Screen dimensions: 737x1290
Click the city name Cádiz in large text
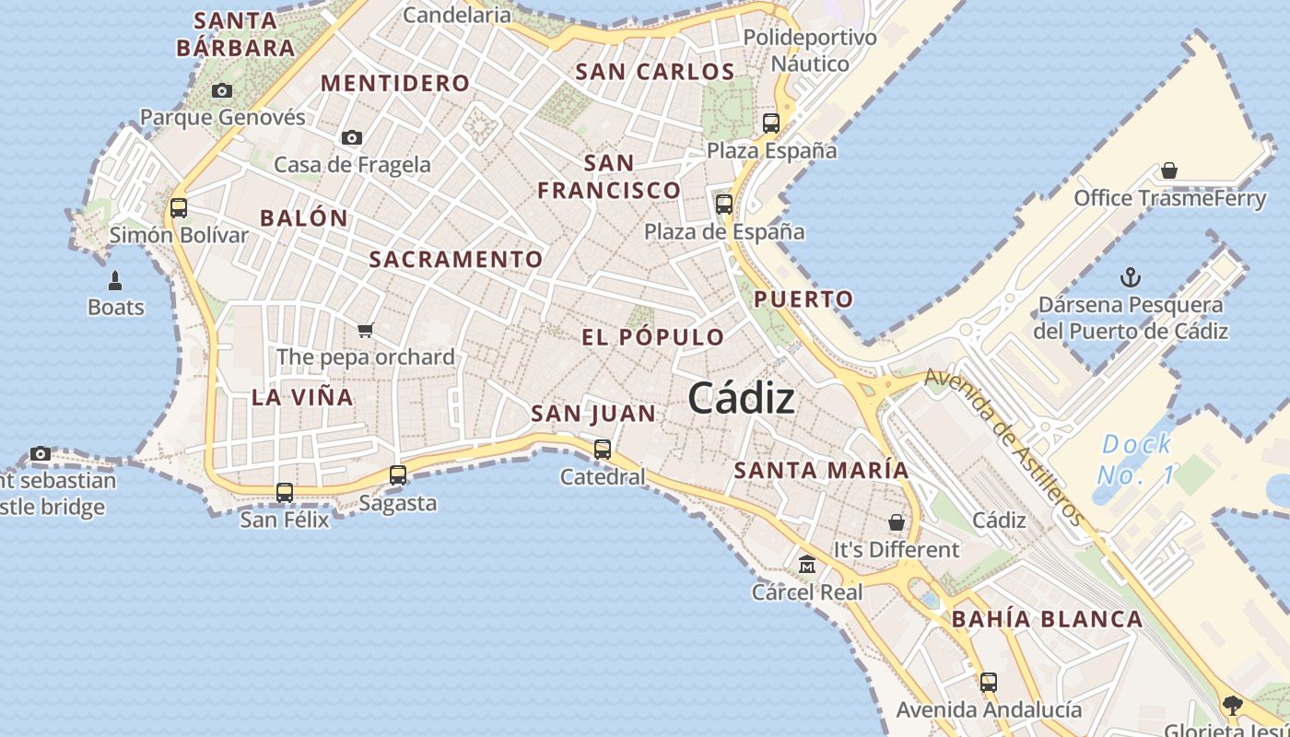741,398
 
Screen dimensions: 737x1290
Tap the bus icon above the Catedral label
603,450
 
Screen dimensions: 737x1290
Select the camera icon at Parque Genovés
222,90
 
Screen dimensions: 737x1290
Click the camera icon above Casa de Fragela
351,138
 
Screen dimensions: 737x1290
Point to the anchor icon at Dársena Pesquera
1130,277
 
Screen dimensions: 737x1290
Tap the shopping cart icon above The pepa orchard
366,330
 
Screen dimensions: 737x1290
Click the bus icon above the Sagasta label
398,475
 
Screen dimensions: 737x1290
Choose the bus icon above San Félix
285,493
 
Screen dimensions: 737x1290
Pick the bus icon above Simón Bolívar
179,208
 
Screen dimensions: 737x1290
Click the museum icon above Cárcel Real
807,564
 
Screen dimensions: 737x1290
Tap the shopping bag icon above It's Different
896,522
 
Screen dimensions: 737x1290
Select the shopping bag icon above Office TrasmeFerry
1168,170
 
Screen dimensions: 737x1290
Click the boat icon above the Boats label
116,280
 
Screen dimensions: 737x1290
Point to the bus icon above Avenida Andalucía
989,683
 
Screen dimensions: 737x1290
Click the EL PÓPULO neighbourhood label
652,337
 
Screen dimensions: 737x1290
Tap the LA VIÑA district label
302,397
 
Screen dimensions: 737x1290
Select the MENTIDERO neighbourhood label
395,83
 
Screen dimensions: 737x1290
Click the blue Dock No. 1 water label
1136,460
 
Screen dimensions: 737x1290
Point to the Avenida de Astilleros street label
1003,447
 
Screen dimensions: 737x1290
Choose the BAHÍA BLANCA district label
1047,619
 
